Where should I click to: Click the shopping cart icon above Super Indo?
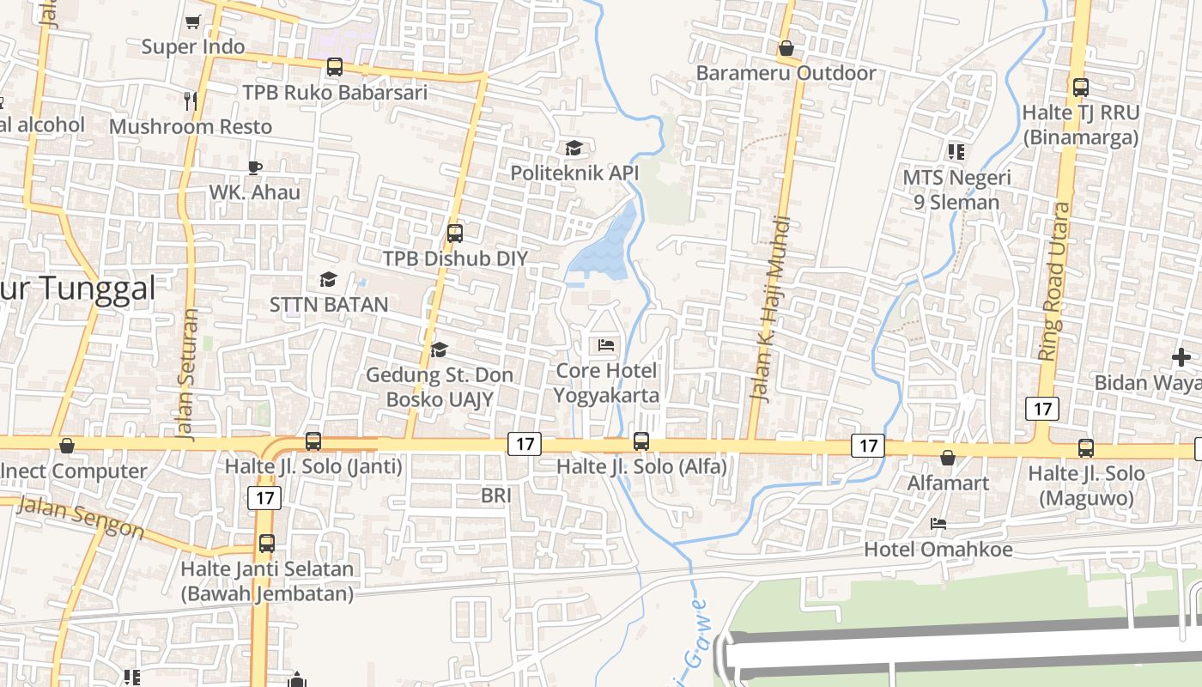192,21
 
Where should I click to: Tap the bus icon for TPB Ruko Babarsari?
335,66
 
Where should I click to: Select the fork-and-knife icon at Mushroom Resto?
191,100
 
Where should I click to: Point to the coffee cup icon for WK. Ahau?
254,167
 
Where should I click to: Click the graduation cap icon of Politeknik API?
574,148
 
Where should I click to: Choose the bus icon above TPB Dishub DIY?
455,233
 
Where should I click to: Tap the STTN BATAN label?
329,304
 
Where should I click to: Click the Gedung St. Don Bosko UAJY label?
439,387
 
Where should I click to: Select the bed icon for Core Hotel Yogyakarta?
606,345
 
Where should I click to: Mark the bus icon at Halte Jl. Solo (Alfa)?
641,441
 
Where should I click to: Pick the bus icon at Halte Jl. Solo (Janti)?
313,441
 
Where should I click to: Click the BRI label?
496,495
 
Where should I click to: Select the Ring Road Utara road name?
1055,281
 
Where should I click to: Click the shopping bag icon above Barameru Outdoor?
786,48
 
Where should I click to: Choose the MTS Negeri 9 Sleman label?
956,190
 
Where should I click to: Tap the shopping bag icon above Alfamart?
948,458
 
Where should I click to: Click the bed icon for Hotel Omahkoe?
938,523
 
